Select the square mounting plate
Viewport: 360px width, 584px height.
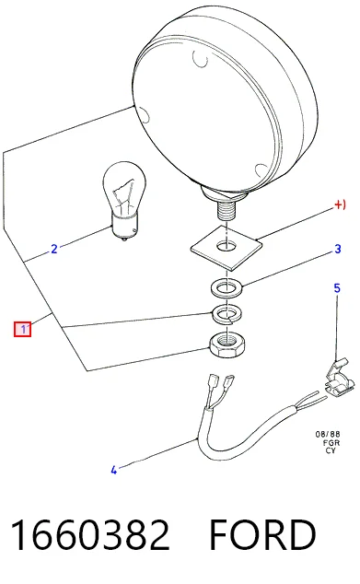(226, 247)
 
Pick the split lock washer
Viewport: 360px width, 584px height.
(226, 314)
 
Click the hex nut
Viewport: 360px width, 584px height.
(226, 345)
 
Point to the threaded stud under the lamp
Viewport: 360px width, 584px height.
(225, 211)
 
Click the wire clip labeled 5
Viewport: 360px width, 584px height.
(338, 378)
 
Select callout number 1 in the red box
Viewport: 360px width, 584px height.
(23, 329)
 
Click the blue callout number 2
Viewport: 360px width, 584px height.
(54, 249)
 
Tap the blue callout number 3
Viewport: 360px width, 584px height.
(338, 249)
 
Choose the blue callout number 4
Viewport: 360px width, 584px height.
(114, 470)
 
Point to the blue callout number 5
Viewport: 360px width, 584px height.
(337, 288)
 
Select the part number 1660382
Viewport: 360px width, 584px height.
(90, 535)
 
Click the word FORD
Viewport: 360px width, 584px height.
(262, 535)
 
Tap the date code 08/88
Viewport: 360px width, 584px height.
(328, 434)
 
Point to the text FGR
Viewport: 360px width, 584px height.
(331, 443)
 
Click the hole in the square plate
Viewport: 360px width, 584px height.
(226, 246)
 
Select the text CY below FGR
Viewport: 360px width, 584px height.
(331, 450)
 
